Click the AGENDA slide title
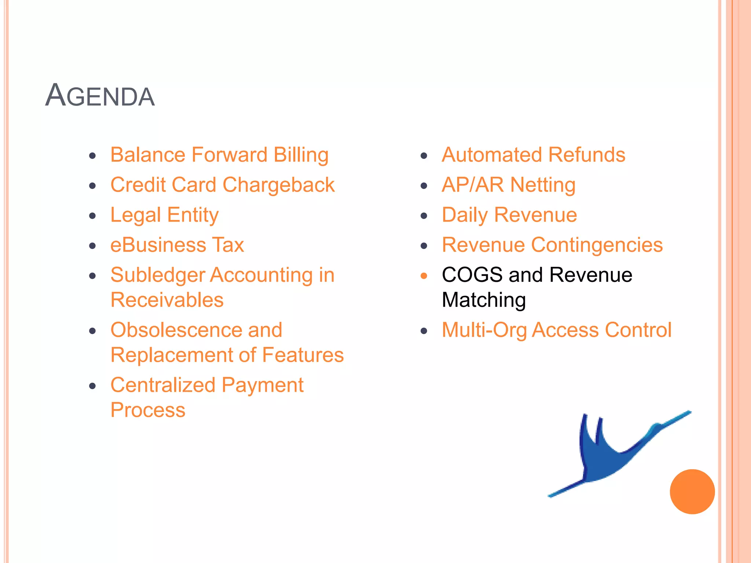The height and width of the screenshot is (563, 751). point(100,96)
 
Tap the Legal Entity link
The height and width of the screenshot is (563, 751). point(164,215)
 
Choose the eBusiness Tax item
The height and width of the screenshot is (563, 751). point(177,245)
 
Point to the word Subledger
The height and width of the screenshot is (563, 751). point(157,275)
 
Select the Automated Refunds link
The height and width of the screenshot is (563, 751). point(533,155)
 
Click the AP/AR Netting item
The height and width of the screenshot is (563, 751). point(508,185)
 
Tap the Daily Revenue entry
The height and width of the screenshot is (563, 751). point(509,215)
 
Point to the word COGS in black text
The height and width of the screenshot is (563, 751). point(472,275)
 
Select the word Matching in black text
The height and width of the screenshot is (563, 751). point(483,300)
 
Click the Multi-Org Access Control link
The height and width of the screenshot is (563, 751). point(556,330)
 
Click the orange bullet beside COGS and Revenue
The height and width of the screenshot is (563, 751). point(424,276)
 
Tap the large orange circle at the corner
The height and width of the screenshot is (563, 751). point(692,492)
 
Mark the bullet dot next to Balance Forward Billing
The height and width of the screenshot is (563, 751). point(92,156)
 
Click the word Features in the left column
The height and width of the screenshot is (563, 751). point(303,355)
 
